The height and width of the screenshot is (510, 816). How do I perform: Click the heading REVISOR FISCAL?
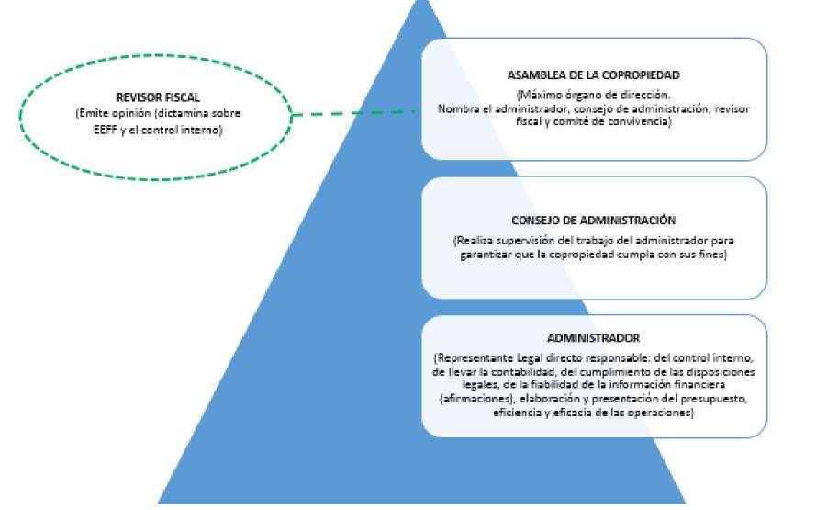[x=158, y=97]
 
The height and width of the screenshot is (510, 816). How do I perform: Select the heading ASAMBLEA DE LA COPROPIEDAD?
[x=593, y=75]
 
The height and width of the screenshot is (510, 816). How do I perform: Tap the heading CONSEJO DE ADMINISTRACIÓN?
[x=593, y=221]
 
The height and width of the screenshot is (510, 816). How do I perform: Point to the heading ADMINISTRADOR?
[x=593, y=338]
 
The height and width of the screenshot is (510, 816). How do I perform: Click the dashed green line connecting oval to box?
[x=354, y=112]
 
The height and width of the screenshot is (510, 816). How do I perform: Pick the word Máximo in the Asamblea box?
[x=538, y=96]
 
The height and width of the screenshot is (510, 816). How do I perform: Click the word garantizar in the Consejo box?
[x=485, y=255]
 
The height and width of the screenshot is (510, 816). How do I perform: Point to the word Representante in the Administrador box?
[x=474, y=358]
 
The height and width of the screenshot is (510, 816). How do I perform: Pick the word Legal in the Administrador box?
[x=530, y=358]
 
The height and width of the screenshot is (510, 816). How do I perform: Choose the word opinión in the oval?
[x=131, y=114]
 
